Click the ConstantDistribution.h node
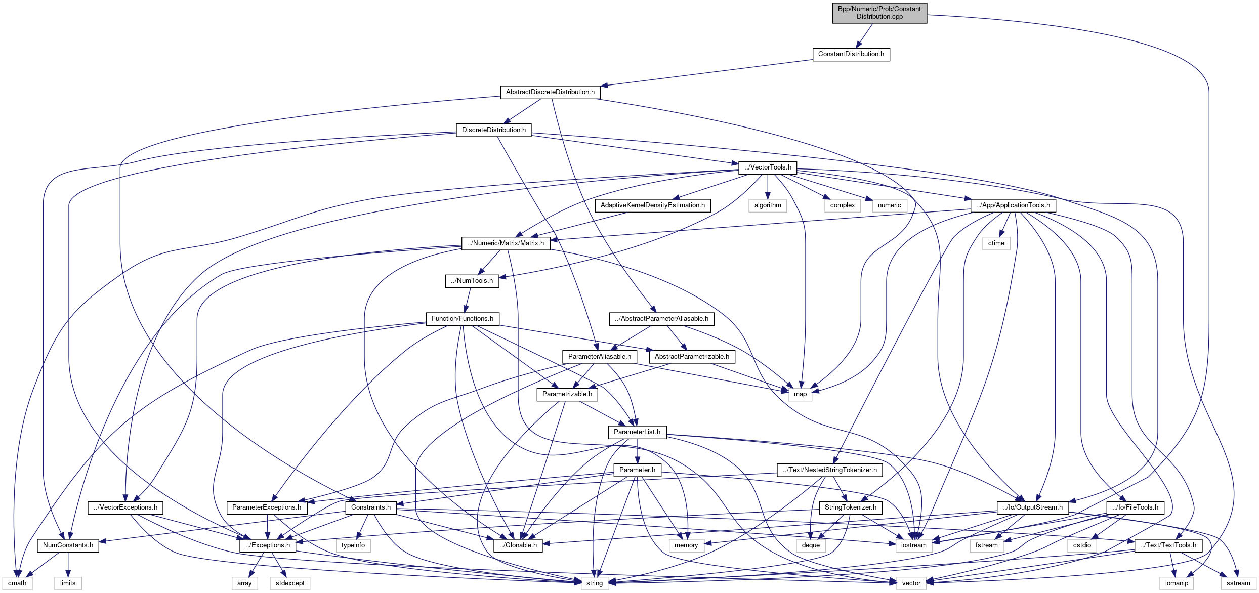(851, 54)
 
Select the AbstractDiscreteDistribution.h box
(550, 92)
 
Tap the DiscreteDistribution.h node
(493, 130)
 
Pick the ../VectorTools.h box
(768, 167)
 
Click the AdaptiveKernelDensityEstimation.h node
(652, 205)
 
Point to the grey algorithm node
(768, 205)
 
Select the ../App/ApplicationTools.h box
(1013, 205)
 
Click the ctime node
(996, 243)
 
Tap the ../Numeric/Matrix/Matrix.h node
(506, 243)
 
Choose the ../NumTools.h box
(472, 281)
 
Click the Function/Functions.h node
(462, 319)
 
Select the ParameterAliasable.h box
(599, 357)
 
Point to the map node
(800, 394)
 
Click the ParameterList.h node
(637, 432)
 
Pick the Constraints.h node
(370, 507)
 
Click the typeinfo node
(353, 545)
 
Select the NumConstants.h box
(68, 545)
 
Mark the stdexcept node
(290, 583)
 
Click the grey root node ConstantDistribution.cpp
(879, 13)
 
